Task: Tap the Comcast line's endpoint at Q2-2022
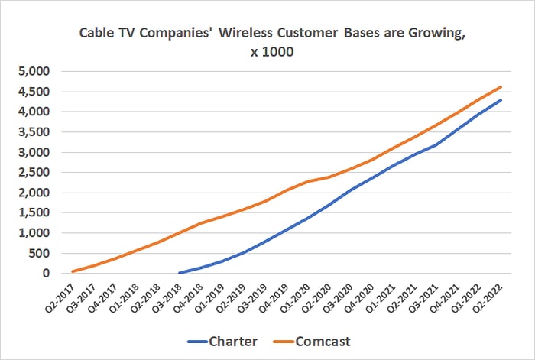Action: coord(501,87)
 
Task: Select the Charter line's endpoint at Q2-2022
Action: coord(501,100)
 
